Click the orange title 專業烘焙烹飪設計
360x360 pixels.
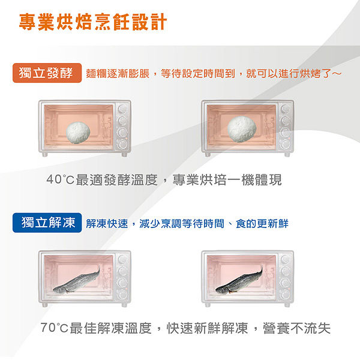pos(93,22)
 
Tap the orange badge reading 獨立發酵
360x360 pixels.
pos(47,73)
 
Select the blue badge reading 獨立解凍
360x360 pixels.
pos(47,223)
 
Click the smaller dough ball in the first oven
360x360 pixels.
pos(78,133)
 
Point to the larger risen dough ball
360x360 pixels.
pos(242,129)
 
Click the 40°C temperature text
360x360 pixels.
pos(60,179)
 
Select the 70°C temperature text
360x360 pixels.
pos(54,328)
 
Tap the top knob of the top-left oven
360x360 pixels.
pos(122,109)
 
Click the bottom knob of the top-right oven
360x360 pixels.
pos(286,144)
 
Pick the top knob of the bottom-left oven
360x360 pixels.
pos(122,259)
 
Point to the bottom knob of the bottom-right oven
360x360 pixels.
pos(286,295)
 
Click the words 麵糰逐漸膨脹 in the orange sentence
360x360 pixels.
pos(118,74)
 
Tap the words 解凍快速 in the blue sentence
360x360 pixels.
pos(107,224)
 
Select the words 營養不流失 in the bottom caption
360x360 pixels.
pos(296,328)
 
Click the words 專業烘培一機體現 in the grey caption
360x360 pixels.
pos(227,180)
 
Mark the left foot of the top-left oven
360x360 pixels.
pos(45,155)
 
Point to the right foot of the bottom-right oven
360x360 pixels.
pos(287,305)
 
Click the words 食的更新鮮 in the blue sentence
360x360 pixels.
pos(262,224)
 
